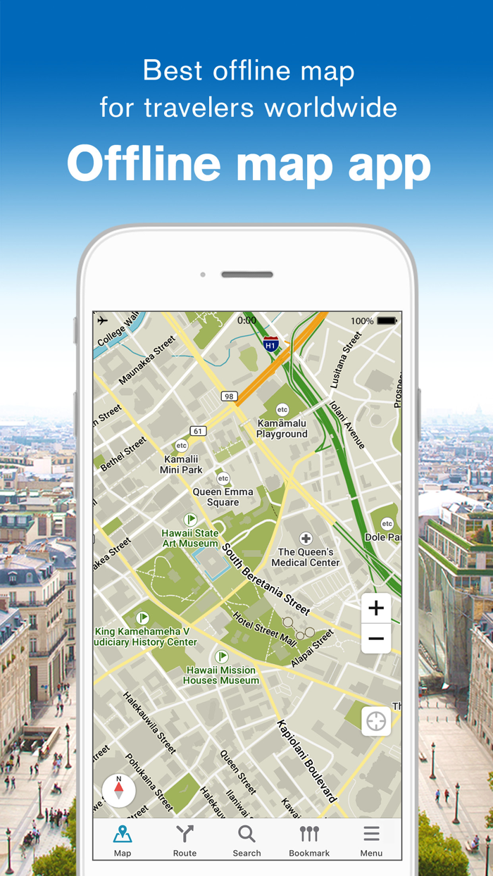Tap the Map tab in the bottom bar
coord(123,840)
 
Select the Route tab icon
coord(185,840)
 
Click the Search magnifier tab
coord(246,840)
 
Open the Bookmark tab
coord(309,840)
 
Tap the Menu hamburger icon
coord(371,840)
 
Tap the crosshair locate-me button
coord(376,721)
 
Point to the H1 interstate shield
coord(270,344)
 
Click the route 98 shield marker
coord(229,396)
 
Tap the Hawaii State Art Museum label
coord(190,539)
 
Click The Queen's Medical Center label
coord(306,557)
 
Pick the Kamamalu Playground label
coord(282,429)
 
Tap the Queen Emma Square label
coord(223,497)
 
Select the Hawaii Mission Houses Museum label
coord(221,675)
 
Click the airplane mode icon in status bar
coord(103,320)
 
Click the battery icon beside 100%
coord(387,321)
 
